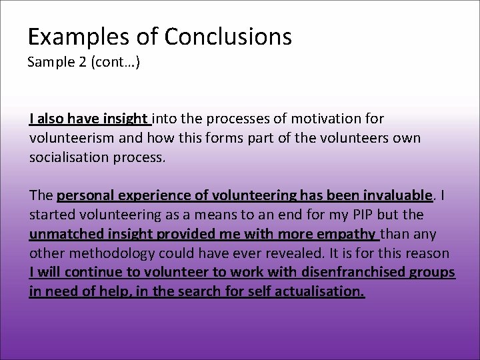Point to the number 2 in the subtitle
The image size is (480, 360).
point(83,63)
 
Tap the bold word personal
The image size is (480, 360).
point(84,197)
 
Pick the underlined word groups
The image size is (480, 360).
point(433,273)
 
